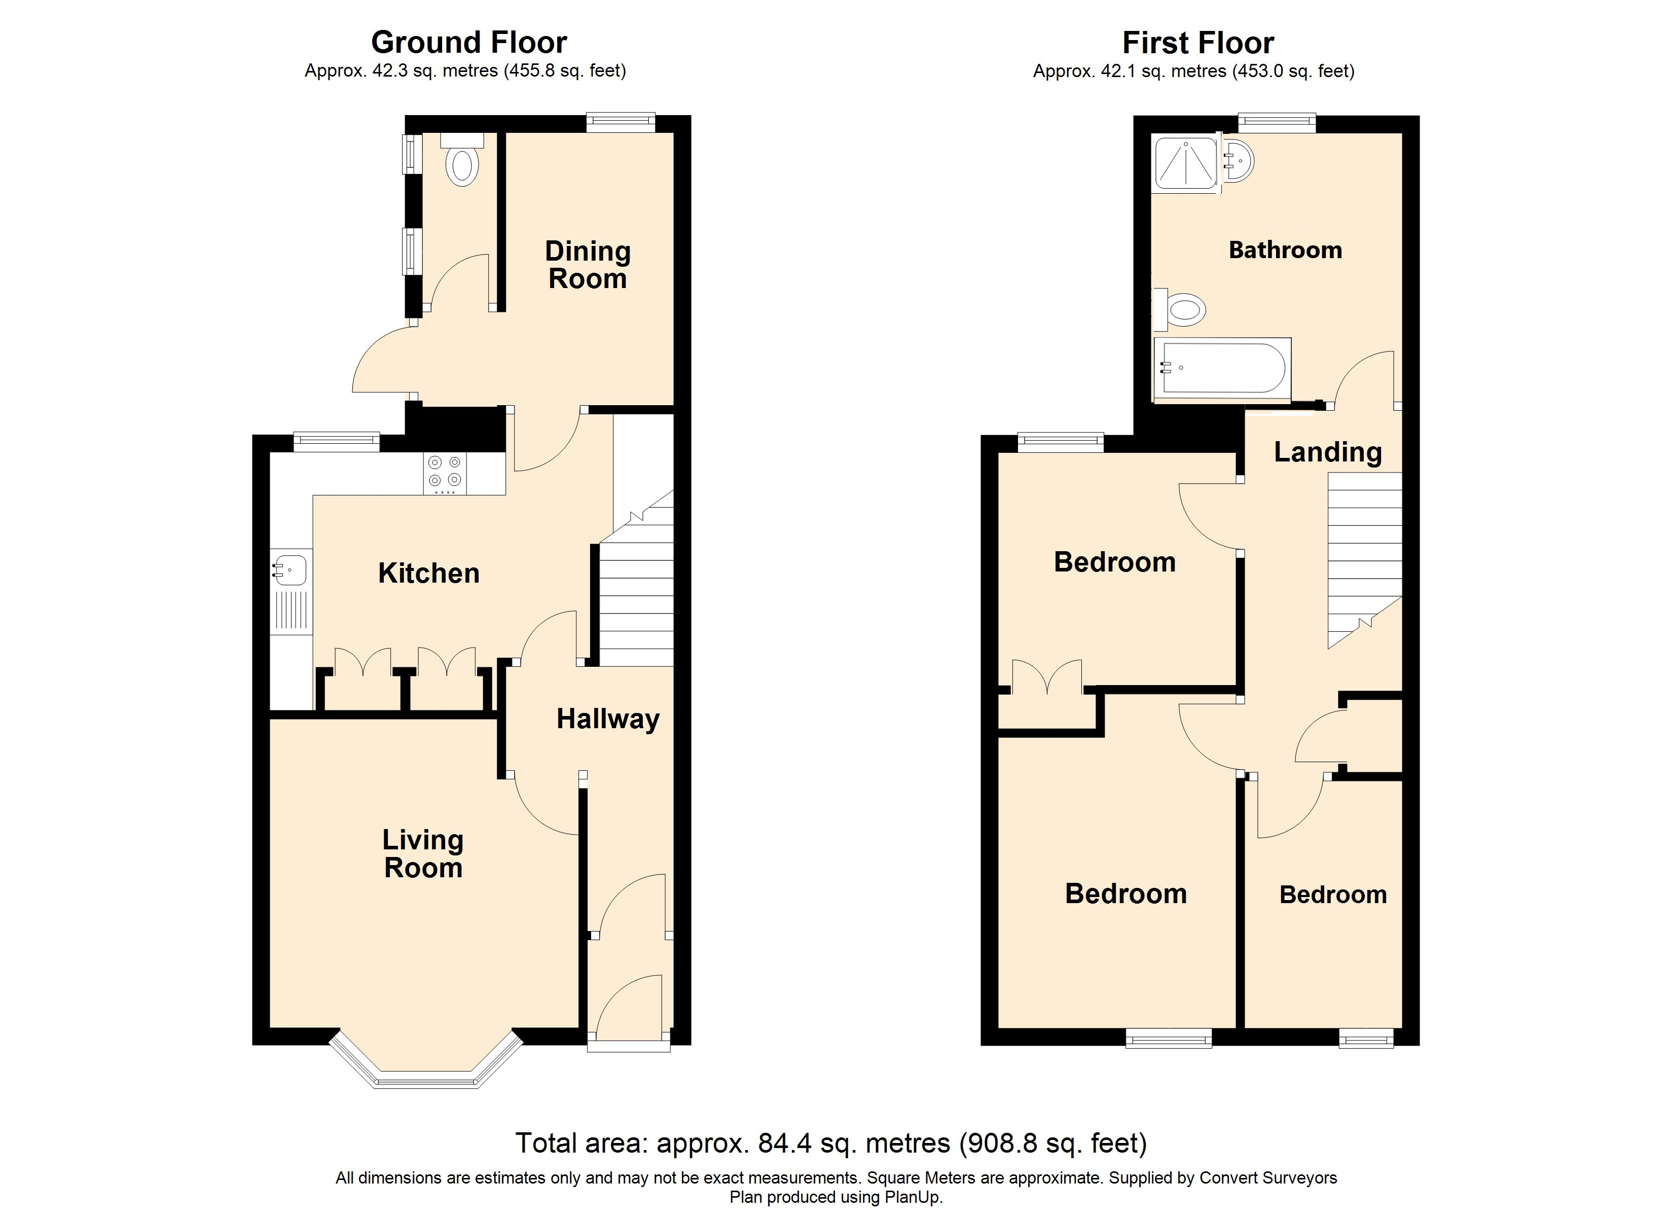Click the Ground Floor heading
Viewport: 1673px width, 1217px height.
[469, 43]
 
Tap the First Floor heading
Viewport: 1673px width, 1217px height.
[1198, 43]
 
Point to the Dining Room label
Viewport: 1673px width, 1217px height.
[588, 265]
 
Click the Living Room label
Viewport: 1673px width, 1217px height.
[423, 854]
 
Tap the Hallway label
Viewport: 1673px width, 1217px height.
[608, 719]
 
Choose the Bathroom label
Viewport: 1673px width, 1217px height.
[1285, 250]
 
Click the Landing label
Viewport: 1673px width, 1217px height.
[1328, 452]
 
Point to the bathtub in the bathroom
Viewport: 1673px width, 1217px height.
[1222, 368]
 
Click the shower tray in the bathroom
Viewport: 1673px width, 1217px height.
[1185, 164]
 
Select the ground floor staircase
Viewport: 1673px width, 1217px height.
[636, 578]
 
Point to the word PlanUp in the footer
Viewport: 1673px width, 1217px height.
[914, 1197]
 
